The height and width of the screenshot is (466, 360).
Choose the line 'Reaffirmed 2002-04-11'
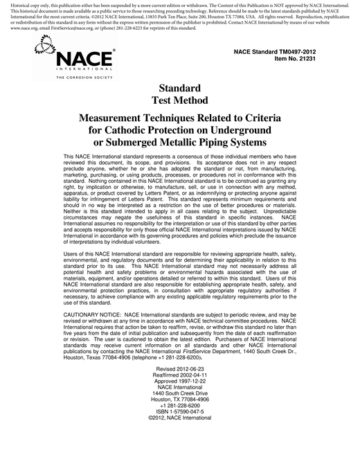click(180, 379)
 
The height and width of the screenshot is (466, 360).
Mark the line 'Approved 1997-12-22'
click(180, 386)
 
